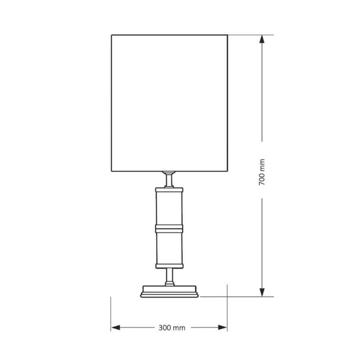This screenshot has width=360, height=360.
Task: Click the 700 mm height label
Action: coord(262,172)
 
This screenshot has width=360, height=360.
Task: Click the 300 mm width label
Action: coord(172,328)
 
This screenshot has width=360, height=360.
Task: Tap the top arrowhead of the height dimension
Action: coord(262,39)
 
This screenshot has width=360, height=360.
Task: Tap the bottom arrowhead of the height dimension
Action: coord(262,292)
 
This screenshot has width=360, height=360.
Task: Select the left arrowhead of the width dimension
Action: coord(115,327)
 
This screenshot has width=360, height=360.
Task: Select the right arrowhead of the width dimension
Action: coord(222,327)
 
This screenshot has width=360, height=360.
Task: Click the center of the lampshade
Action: coord(170,103)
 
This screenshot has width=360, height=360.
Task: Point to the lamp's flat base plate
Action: coord(169,292)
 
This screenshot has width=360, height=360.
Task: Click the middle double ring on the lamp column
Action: coord(169,229)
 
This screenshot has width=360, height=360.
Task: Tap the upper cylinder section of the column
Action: coord(169,208)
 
